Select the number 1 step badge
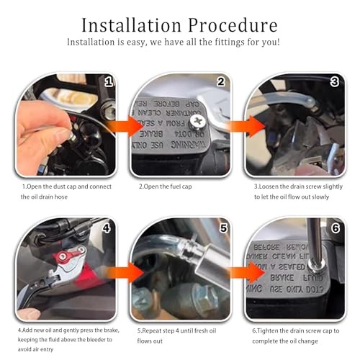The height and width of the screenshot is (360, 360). click(x=109, y=81)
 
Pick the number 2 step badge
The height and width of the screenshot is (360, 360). click(x=222, y=81)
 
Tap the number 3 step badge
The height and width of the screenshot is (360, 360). click(x=334, y=81)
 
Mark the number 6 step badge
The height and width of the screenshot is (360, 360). click(x=334, y=229)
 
